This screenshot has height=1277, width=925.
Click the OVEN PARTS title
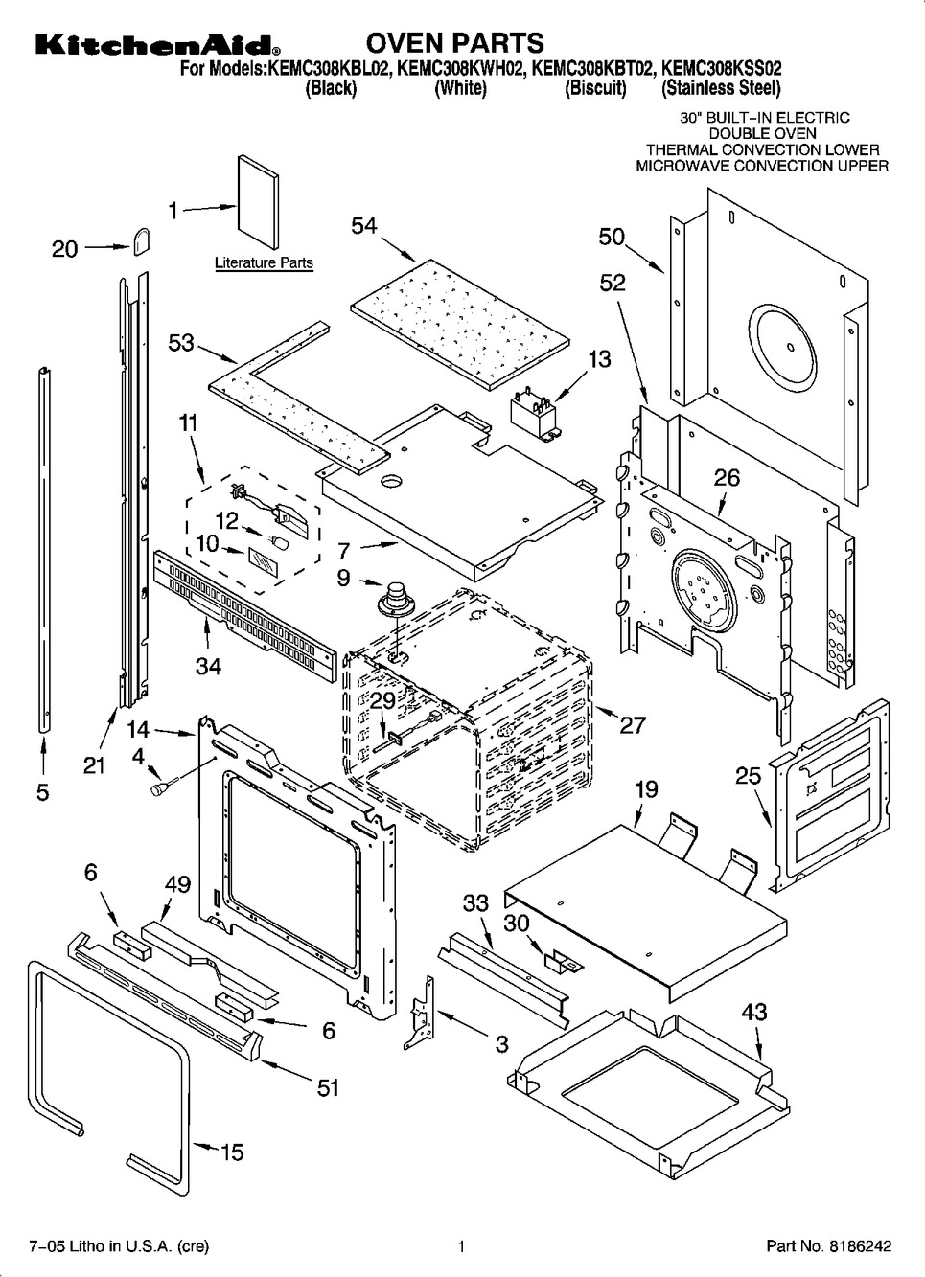[455, 43]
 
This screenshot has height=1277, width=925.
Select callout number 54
[364, 226]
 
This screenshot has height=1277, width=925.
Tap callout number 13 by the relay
[599, 360]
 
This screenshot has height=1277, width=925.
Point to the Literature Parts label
[264, 262]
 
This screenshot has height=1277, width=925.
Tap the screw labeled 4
[160, 787]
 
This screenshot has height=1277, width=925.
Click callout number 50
[612, 237]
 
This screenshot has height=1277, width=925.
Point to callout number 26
[728, 476]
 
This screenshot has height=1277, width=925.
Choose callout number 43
[754, 1012]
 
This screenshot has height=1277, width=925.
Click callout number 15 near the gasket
[232, 1152]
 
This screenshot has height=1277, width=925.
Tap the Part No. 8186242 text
[829, 1246]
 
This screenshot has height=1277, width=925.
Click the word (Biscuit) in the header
[595, 89]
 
